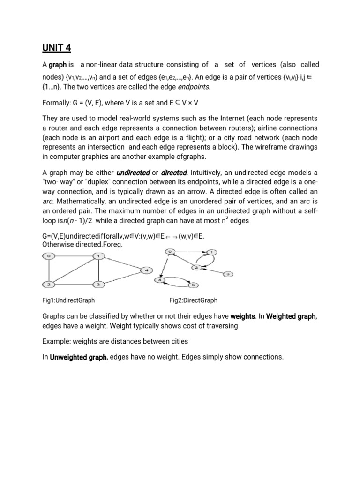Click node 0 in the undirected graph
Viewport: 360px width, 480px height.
click(x=48, y=256)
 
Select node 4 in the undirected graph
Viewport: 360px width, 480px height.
click(x=146, y=270)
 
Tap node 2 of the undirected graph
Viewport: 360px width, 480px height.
click(x=48, y=285)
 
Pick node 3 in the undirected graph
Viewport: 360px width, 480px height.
click(x=98, y=285)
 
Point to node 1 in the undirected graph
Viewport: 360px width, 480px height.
click(x=98, y=256)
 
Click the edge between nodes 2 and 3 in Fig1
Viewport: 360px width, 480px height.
click(x=73, y=285)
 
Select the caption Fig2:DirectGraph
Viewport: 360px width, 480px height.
click(x=193, y=300)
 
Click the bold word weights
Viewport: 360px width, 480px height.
click(x=242, y=317)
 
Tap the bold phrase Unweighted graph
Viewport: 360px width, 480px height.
click(x=78, y=357)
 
